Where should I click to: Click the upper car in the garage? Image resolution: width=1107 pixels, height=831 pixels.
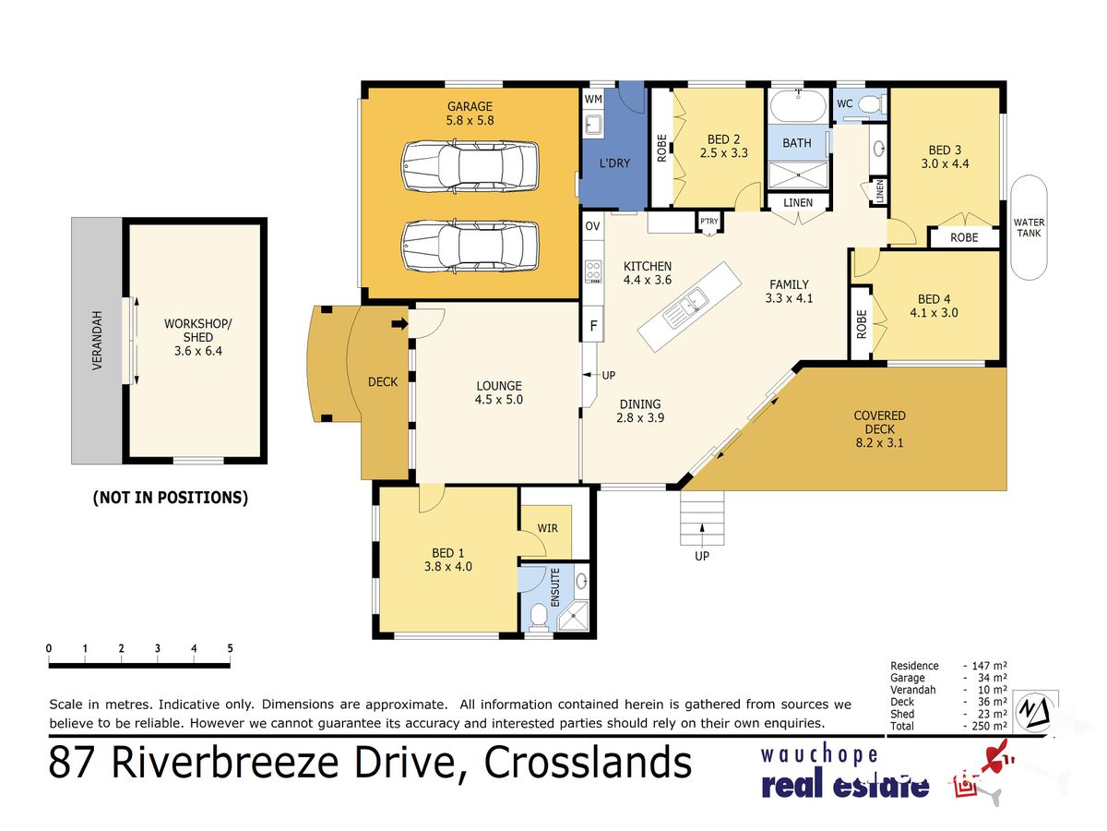(470, 165)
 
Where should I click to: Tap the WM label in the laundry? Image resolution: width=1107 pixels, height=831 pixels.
(593, 99)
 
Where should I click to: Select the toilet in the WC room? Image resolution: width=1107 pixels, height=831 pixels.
(872, 104)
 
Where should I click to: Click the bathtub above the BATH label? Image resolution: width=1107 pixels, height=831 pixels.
(798, 106)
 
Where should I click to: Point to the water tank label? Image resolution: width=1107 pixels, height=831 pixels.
(1029, 227)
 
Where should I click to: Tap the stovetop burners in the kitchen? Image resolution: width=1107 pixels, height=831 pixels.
(593, 271)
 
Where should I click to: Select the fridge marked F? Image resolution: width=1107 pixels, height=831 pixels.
(593, 325)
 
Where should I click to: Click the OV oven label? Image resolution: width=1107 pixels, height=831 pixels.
(592, 226)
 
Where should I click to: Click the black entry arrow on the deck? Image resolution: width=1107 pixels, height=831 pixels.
(400, 323)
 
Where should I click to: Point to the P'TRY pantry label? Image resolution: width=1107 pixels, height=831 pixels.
(709, 222)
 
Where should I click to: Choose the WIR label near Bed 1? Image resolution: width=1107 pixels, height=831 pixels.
(547, 528)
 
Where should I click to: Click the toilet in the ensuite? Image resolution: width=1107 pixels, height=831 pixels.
(539, 618)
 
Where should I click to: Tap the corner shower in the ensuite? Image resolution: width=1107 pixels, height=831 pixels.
(574, 616)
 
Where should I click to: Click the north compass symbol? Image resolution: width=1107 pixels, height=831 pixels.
(1034, 710)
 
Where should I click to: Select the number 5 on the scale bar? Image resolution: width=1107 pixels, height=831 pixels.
(230, 649)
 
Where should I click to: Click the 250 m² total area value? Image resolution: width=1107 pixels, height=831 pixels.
(990, 726)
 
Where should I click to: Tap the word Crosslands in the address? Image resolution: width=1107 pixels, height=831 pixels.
(588, 763)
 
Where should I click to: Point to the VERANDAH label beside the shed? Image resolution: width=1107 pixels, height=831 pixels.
(97, 341)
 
